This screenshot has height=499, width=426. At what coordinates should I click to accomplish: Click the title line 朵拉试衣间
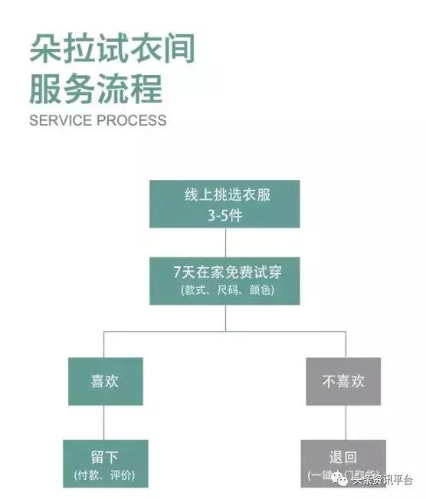click(113, 48)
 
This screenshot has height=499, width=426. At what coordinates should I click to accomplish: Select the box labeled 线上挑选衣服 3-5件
click(224, 204)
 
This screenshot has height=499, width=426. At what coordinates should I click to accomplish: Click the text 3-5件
click(224, 215)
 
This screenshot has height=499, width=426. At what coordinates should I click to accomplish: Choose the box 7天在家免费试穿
click(224, 280)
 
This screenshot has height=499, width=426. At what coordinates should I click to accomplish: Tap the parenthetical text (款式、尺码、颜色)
click(224, 291)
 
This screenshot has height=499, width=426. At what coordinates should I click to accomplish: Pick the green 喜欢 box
click(105, 381)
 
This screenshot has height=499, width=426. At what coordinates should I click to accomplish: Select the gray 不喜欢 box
click(343, 381)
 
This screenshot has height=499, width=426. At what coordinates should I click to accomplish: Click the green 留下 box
click(105, 463)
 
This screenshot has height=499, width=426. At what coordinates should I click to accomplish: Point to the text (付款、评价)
click(105, 475)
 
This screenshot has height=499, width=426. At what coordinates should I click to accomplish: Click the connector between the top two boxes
click(224, 243)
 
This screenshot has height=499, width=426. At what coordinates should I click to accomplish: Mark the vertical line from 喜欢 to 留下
click(105, 422)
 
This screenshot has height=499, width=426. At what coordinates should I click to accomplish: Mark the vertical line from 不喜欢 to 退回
click(343, 422)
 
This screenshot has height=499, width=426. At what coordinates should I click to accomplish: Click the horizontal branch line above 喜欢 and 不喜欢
click(224, 332)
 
